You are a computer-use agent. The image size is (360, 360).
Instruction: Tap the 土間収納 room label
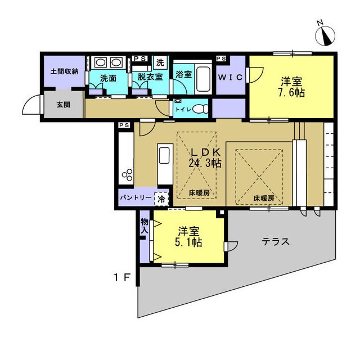tap(65, 71)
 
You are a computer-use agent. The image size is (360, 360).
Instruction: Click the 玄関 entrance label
tap(64, 105)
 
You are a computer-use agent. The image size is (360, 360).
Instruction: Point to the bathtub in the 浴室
tap(204, 79)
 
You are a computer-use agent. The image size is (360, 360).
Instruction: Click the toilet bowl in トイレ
tap(200, 109)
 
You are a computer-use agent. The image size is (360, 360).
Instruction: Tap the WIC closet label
tap(231, 77)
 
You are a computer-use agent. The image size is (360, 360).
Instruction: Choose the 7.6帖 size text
tap(291, 93)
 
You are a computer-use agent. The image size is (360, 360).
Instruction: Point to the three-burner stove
tap(127, 175)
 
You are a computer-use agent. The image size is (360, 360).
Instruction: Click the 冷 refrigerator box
tap(161, 199)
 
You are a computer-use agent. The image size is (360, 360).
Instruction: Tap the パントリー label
tap(136, 197)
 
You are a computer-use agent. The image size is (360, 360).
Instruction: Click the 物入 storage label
tap(145, 226)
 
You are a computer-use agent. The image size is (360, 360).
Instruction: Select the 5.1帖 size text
tap(188, 242)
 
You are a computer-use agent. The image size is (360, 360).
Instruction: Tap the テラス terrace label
tap(276, 241)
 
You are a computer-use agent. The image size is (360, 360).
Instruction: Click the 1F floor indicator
tap(121, 278)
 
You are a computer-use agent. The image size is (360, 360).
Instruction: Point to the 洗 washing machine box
tap(160, 62)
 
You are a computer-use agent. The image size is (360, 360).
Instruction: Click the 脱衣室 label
tap(150, 77)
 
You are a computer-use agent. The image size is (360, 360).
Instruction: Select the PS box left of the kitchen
tap(124, 125)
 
